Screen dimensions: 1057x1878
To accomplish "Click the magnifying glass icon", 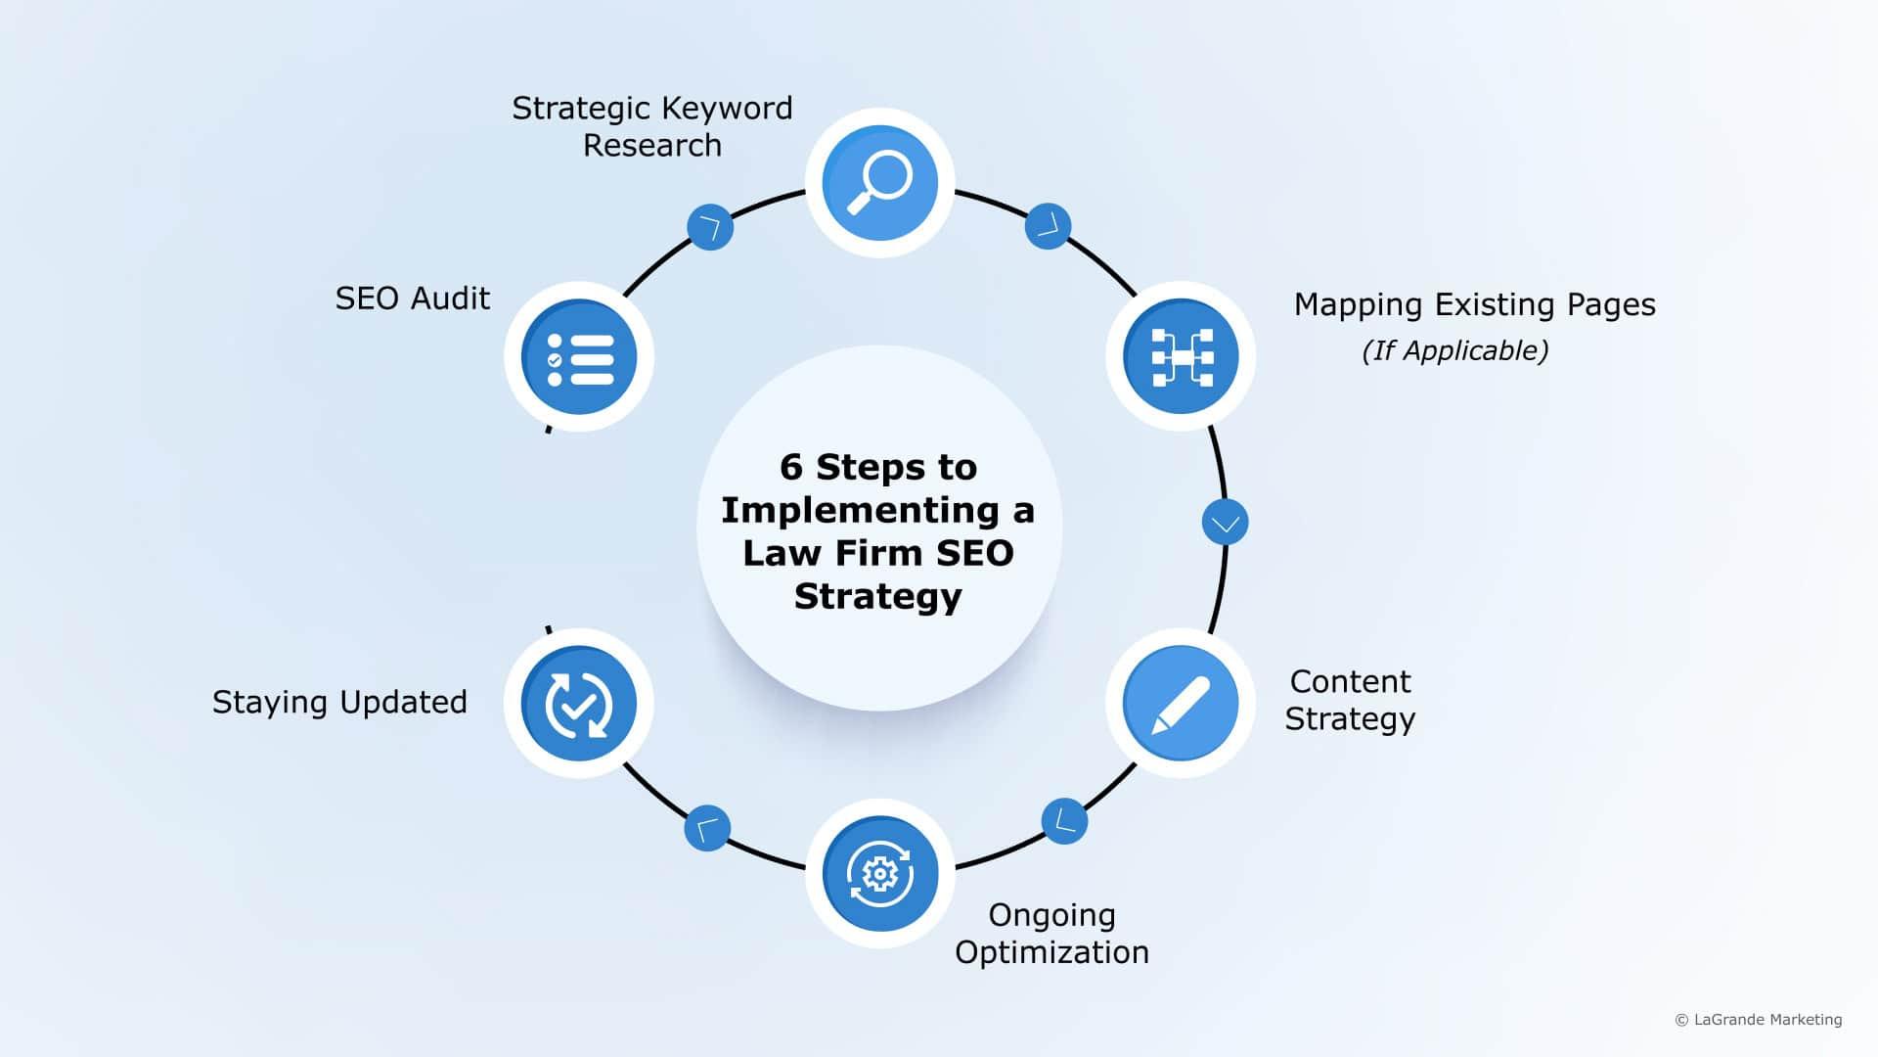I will (x=879, y=183).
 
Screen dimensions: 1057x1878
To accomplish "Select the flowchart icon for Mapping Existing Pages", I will (x=1181, y=356).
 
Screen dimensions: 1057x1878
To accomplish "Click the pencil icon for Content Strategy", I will (x=1181, y=703).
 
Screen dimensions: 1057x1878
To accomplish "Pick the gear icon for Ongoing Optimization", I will (x=879, y=874).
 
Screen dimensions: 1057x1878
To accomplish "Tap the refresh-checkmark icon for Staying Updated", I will (x=579, y=703).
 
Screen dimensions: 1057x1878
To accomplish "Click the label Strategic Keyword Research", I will (x=652, y=126).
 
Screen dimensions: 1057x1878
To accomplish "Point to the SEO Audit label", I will (x=412, y=299).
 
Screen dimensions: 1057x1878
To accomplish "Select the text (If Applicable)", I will (x=1454, y=350).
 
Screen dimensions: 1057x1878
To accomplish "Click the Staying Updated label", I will (x=339, y=702).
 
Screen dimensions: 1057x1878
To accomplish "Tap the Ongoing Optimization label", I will (x=1051, y=933).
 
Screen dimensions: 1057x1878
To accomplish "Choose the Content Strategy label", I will (x=1350, y=700).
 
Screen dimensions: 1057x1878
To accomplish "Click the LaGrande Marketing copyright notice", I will (x=1759, y=1020).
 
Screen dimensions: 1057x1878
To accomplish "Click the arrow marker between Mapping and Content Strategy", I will (x=1225, y=523).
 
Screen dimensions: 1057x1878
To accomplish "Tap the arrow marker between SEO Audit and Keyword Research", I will (x=710, y=227).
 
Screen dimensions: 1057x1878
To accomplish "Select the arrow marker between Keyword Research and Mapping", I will (x=1048, y=226).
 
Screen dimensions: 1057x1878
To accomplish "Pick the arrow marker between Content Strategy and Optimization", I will (x=1064, y=821).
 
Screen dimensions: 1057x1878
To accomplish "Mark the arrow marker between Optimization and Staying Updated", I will (x=707, y=828).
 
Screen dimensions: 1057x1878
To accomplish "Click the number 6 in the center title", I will (x=790, y=468).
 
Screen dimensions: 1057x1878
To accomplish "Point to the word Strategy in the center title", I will (x=878, y=596).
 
